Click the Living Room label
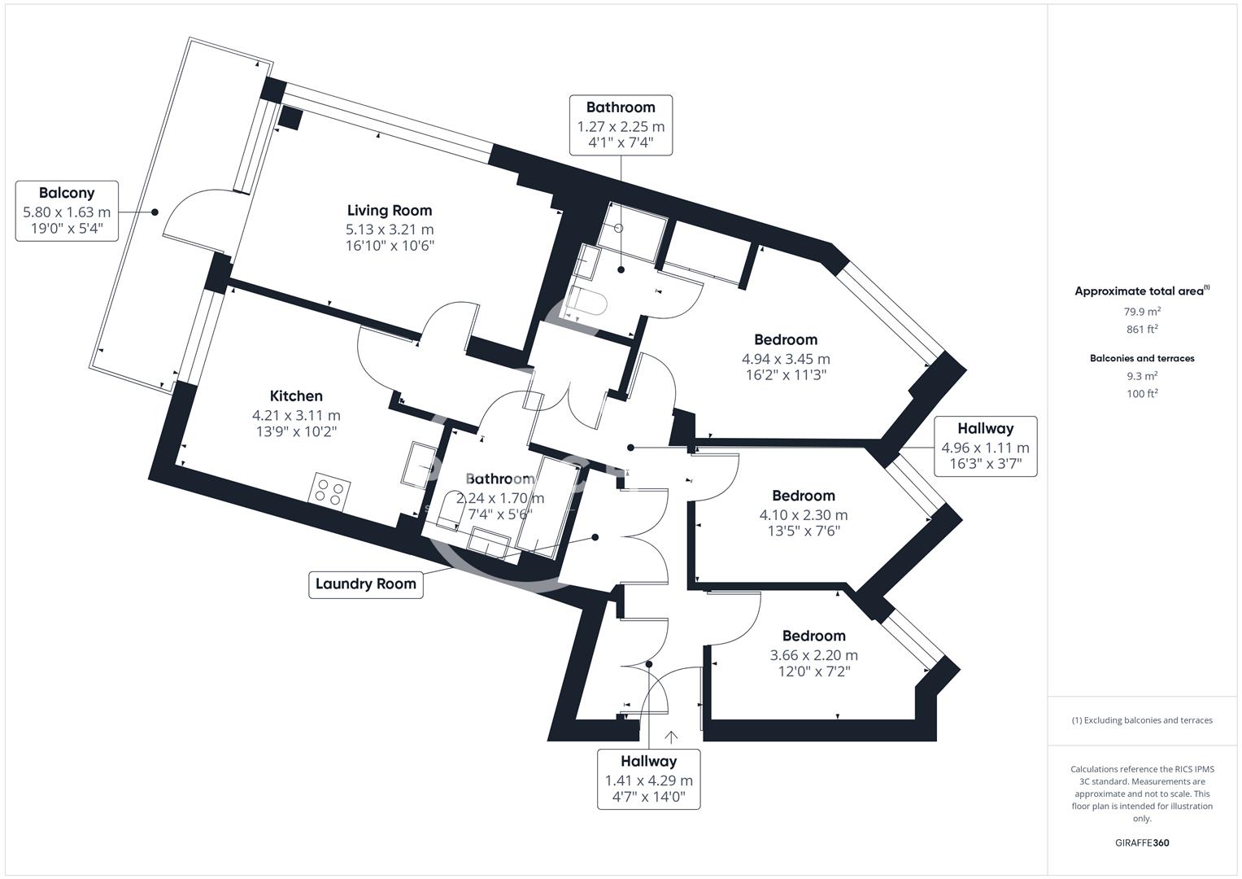pyautogui.click(x=390, y=210)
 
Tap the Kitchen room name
pyautogui.click(x=296, y=396)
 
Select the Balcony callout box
pyautogui.click(x=67, y=211)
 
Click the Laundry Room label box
pyautogui.click(x=365, y=584)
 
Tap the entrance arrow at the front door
pyautogui.click(x=671, y=737)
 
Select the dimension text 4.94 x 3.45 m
pyautogui.click(x=786, y=358)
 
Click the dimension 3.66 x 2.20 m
pyautogui.click(x=813, y=655)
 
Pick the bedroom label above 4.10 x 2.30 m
pyautogui.click(x=804, y=496)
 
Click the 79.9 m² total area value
pyautogui.click(x=1142, y=311)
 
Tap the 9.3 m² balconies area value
pyautogui.click(x=1142, y=376)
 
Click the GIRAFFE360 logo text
pyautogui.click(x=1142, y=842)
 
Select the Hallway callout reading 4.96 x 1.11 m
pyautogui.click(x=985, y=446)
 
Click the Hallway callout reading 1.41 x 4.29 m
pyautogui.click(x=649, y=779)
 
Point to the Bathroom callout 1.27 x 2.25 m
pyautogui.click(x=621, y=125)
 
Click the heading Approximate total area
pyautogui.click(x=1142, y=291)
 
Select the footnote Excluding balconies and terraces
pyautogui.click(x=1142, y=720)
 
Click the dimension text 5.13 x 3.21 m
pyautogui.click(x=390, y=230)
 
